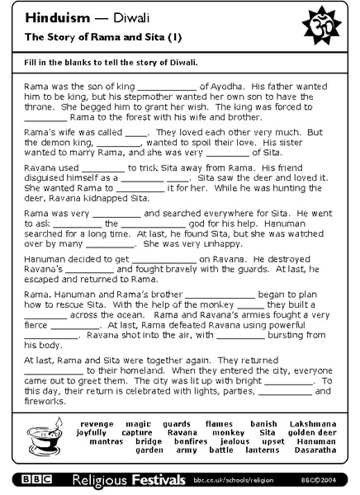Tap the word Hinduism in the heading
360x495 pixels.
[50, 16]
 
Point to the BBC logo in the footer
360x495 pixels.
[37, 478]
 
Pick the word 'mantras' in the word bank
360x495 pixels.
[96, 441]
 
